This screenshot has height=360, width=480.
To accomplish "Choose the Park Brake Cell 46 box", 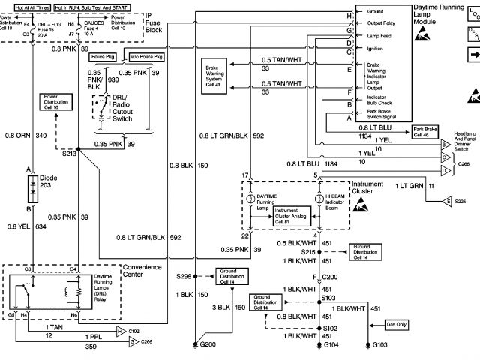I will pyautogui.click(x=430, y=132).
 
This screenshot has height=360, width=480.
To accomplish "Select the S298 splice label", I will pyautogui.click(x=184, y=275).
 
